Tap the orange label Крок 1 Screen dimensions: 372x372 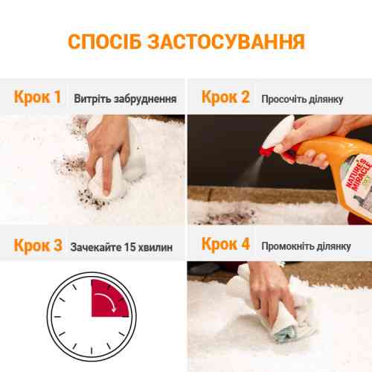click(x=37, y=97)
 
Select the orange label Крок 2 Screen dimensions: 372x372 click(x=225, y=97)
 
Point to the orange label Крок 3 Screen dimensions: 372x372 click(x=37, y=244)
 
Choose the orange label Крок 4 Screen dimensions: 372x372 click(x=226, y=244)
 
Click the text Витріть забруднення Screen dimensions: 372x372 click(x=124, y=98)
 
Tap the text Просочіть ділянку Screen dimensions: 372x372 click(x=301, y=98)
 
